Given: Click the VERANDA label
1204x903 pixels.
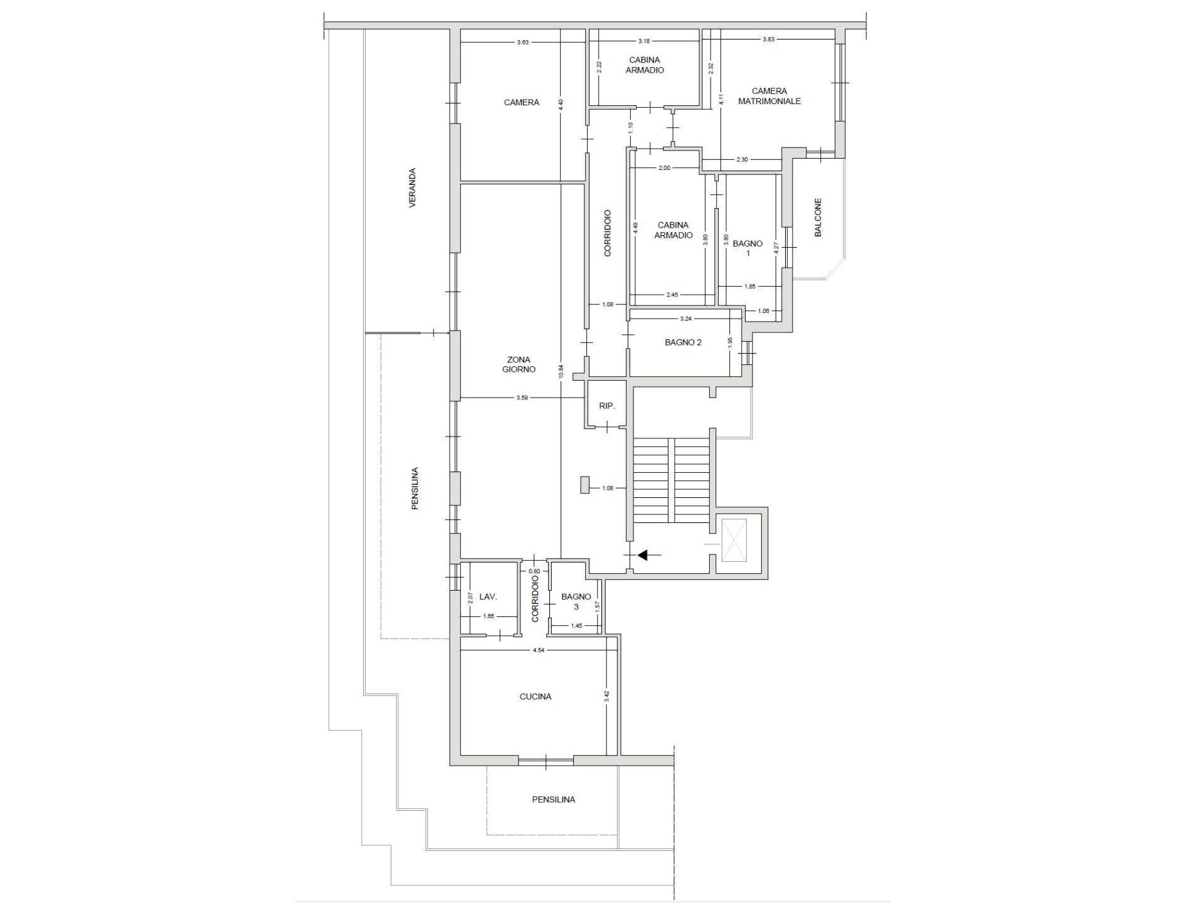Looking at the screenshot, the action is click(413, 187).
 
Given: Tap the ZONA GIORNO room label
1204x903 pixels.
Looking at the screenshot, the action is click(519, 364).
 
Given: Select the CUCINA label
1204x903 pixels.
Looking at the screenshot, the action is click(536, 696).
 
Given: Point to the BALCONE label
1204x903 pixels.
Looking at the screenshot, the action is click(818, 218).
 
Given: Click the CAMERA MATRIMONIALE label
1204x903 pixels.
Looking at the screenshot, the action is click(769, 96).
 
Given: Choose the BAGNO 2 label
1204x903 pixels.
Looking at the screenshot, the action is click(683, 342).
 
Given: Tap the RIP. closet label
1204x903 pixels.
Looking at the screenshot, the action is click(607, 406).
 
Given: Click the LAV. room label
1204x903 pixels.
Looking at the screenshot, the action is click(488, 597).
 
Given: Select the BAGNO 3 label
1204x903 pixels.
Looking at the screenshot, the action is click(576, 601).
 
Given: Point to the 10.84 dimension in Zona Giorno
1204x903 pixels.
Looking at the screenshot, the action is click(561, 371).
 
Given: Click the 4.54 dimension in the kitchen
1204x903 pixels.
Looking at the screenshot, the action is click(538, 650).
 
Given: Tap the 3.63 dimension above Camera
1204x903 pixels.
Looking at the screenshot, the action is click(522, 42).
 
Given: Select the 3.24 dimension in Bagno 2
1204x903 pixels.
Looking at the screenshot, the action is click(686, 319).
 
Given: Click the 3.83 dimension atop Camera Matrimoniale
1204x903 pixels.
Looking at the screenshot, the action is click(768, 39).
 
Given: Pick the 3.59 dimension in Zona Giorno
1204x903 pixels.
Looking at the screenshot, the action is click(522, 398).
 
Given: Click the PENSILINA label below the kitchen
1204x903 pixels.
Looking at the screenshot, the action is click(553, 800).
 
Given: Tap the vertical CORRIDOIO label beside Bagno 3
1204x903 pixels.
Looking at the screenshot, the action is click(535, 599).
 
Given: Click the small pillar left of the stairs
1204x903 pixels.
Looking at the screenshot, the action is click(584, 485).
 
